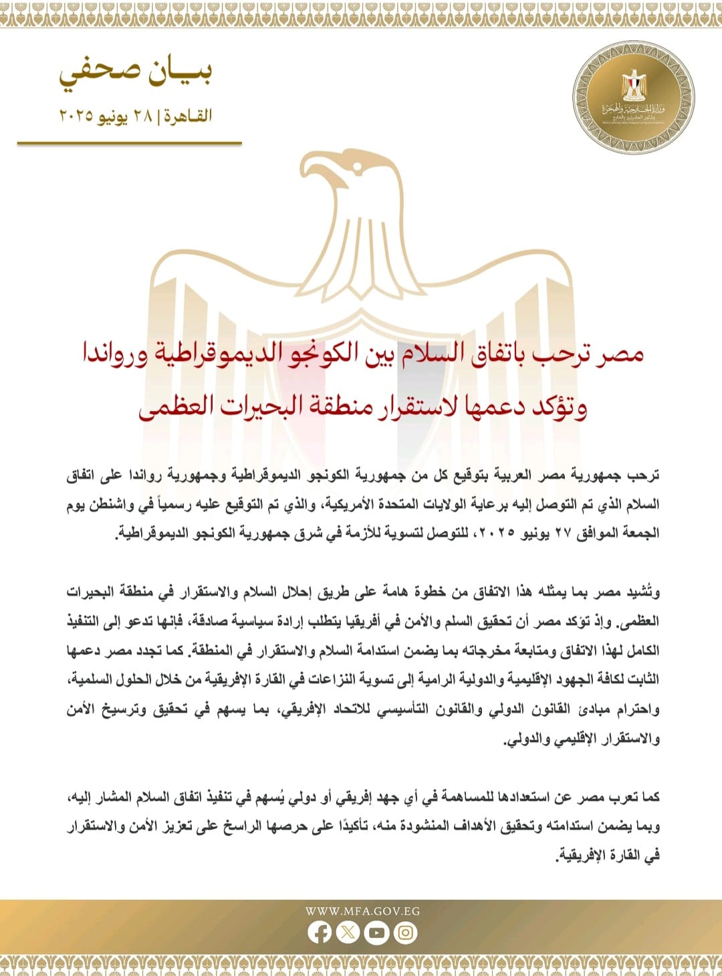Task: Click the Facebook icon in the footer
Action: (320, 932)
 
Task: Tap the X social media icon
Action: (348, 932)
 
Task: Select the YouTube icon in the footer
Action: (376, 932)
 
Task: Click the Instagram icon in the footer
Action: (405, 932)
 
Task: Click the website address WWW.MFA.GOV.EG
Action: (362, 910)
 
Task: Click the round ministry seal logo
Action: (633, 98)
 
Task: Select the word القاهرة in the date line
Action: (188, 116)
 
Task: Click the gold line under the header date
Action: (129, 142)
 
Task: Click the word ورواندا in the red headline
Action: (114, 353)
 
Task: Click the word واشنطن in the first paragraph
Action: (116, 504)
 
